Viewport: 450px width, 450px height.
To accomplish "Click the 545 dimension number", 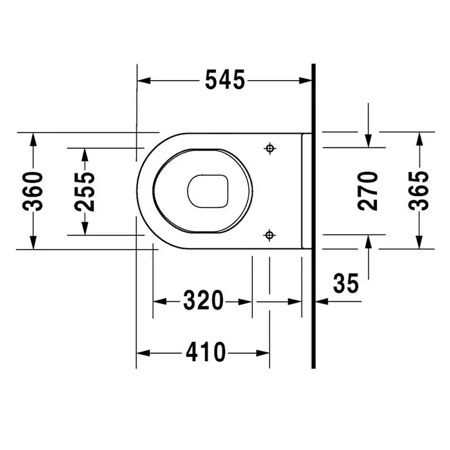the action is [225, 80].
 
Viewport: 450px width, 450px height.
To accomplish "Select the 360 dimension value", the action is [33, 191].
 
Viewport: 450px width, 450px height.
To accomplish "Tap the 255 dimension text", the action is [84, 192].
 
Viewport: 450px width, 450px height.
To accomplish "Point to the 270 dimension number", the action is [368, 191].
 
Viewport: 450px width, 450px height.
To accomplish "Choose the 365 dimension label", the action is [419, 191].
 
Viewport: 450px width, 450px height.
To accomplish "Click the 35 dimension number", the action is [346, 283].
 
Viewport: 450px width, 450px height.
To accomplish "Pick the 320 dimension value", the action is [203, 301].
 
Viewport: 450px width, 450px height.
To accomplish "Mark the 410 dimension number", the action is [206, 352].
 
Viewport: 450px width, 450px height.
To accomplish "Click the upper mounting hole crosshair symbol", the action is [270, 148].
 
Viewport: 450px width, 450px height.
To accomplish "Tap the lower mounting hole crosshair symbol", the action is [269, 235].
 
